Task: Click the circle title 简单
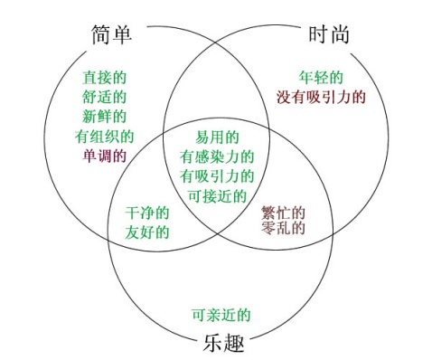[x=112, y=34]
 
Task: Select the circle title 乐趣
[x=220, y=344]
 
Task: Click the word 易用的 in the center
[x=217, y=137]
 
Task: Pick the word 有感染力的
[x=217, y=156]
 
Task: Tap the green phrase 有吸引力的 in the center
[x=217, y=175]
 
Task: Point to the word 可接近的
[x=217, y=194]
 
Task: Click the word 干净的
[x=146, y=213]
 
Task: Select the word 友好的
[x=146, y=232]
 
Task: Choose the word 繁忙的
[x=282, y=213]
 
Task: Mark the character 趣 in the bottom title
[x=233, y=344]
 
